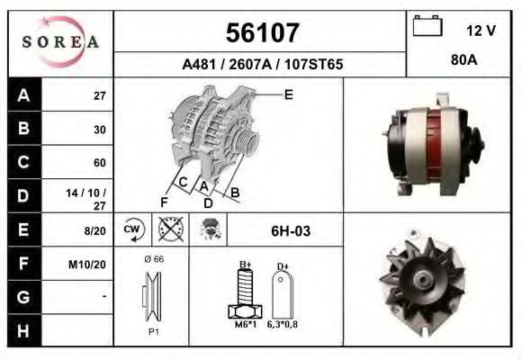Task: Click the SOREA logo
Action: [x=60, y=42]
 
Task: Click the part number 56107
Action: [x=260, y=33]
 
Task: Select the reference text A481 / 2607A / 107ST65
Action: [x=261, y=65]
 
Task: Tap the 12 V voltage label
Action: [x=481, y=31]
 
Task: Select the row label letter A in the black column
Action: [x=22, y=95]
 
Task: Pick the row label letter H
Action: [x=22, y=330]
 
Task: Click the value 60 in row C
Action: [x=100, y=163]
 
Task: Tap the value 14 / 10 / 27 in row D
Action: [x=94, y=197]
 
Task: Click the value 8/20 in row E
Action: [x=95, y=231]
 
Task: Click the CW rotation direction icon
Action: [x=133, y=230]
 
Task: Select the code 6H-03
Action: [x=291, y=231]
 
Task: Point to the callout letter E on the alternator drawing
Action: [x=288, y=94]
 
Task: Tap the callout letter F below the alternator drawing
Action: [x=164, y=201]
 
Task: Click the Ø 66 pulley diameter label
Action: [x=153, y=258]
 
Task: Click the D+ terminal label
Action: [x=283, y=266]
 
